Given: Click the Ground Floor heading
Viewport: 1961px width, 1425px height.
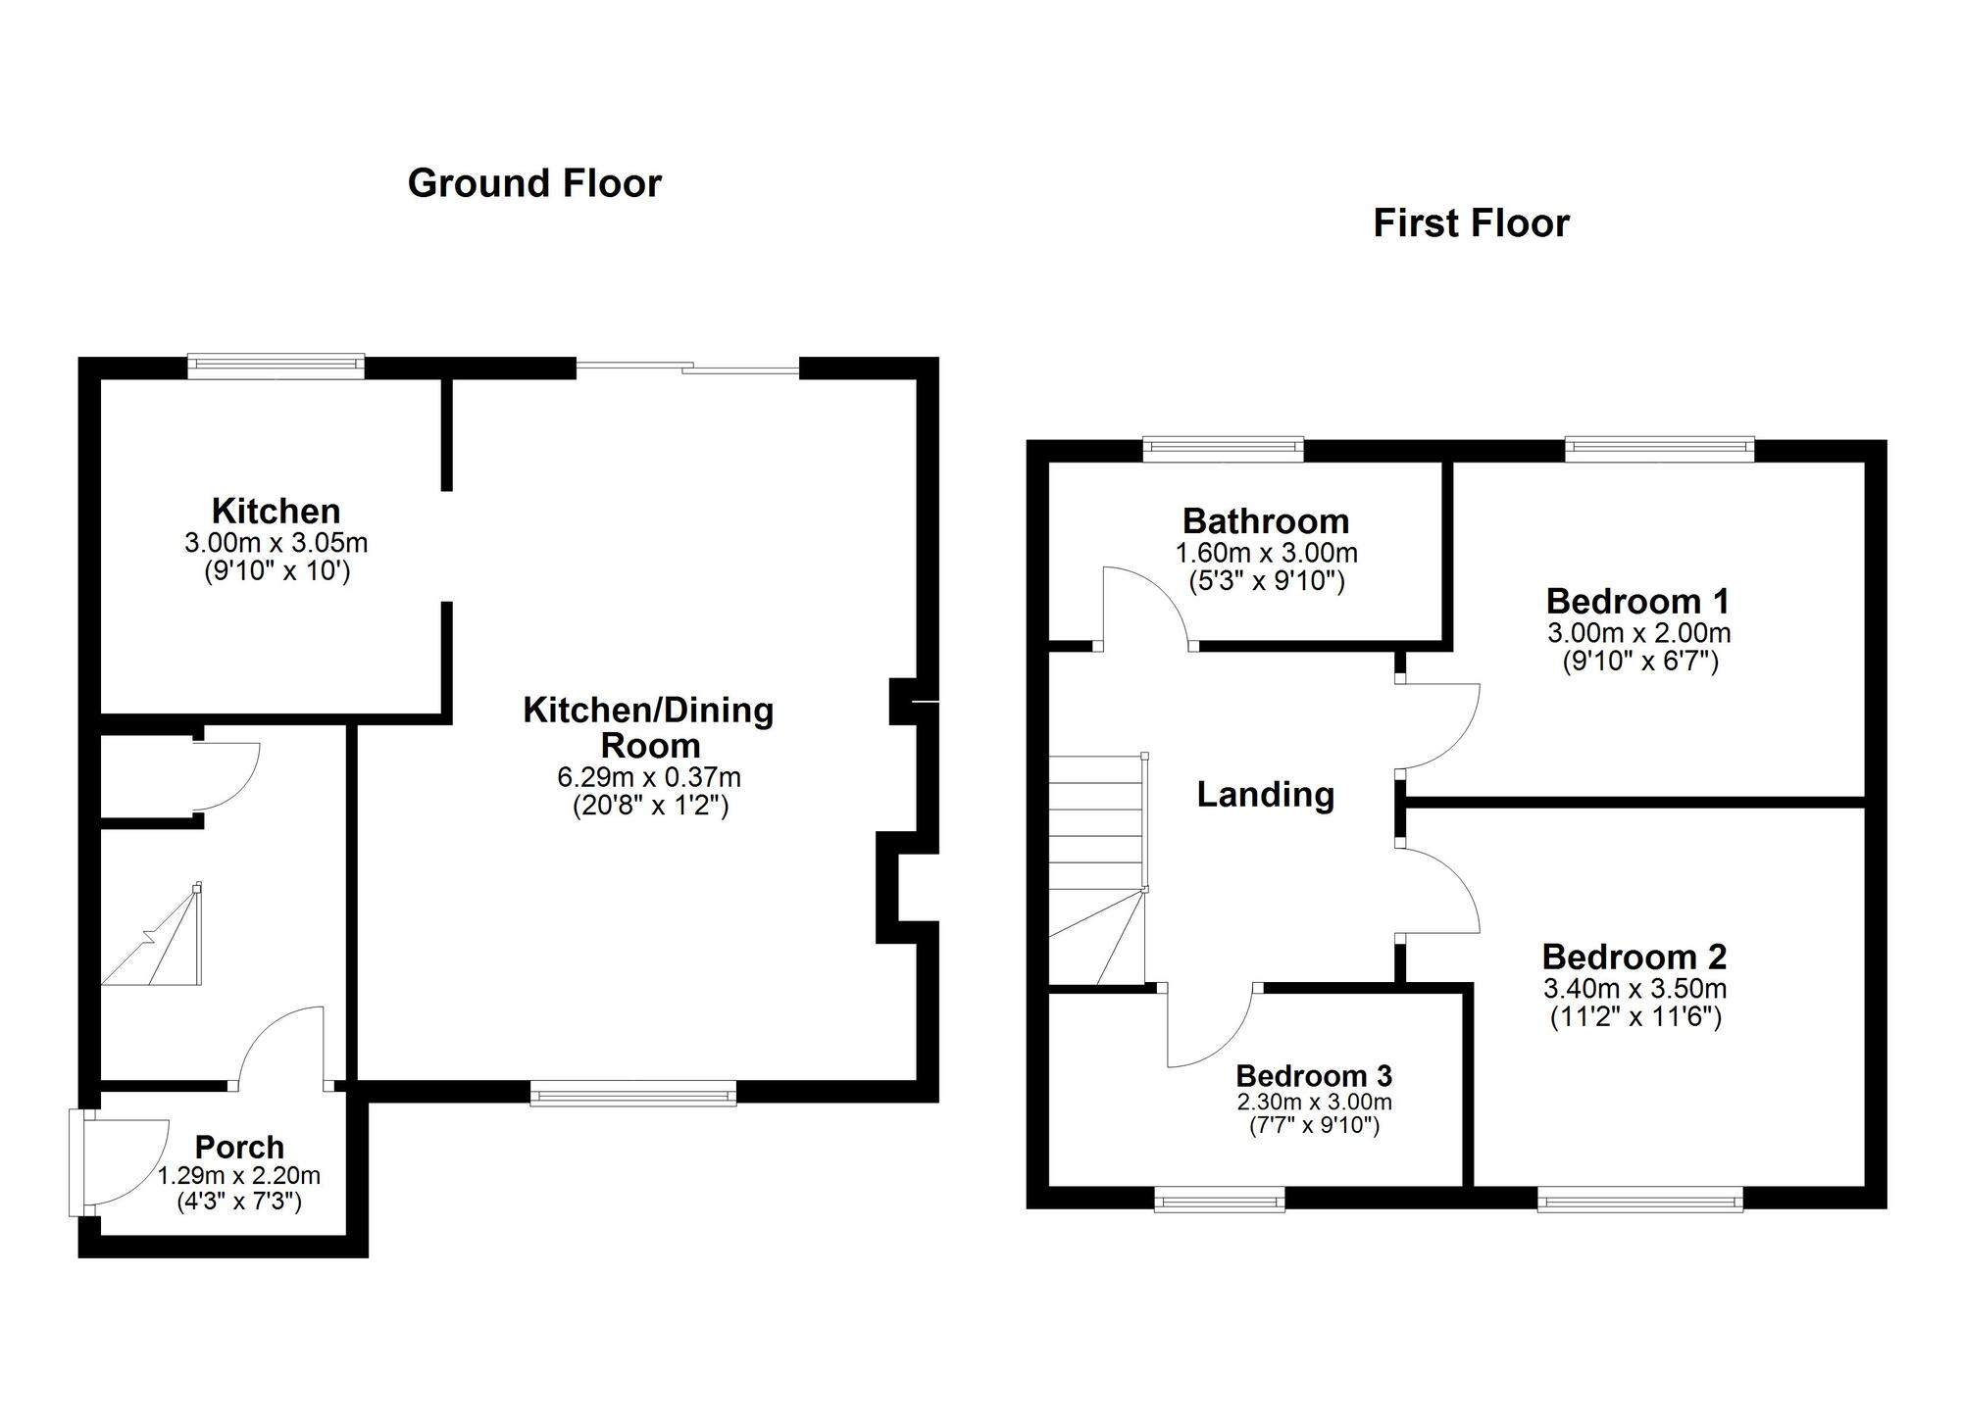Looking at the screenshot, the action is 534,184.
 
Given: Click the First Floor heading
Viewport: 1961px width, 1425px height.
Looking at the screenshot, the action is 1471,223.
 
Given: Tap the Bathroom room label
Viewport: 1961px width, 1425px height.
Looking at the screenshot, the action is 1266,521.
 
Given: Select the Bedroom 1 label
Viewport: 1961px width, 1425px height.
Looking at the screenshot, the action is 1637,601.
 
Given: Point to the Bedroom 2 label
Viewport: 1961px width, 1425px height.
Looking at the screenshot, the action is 1634,957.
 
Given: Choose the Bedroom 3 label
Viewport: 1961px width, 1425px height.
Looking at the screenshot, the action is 1314,1076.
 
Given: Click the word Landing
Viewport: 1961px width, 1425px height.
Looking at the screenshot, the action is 1266,795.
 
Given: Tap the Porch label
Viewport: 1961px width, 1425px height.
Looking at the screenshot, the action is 239,1147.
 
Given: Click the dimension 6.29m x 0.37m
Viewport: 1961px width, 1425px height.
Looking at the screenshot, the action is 649,778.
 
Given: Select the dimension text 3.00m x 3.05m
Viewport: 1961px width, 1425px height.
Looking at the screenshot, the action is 277,543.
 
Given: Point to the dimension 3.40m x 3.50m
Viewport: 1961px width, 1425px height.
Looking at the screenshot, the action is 1635,989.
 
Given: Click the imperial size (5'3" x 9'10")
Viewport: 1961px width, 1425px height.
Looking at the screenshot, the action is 1267,582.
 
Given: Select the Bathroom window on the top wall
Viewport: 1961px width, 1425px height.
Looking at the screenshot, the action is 1224,449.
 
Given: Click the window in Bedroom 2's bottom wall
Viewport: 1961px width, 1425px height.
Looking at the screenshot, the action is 1640,1199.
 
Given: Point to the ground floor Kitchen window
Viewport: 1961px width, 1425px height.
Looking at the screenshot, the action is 277,367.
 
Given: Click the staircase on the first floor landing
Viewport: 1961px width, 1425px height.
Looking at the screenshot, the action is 1098,869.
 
